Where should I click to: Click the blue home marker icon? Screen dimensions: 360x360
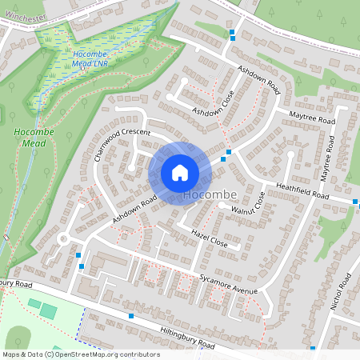180,173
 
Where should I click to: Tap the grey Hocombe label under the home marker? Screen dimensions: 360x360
210,195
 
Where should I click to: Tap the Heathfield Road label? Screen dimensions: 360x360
302,190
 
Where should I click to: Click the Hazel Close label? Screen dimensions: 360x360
210,237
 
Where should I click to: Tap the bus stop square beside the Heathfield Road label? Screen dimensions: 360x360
355,202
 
